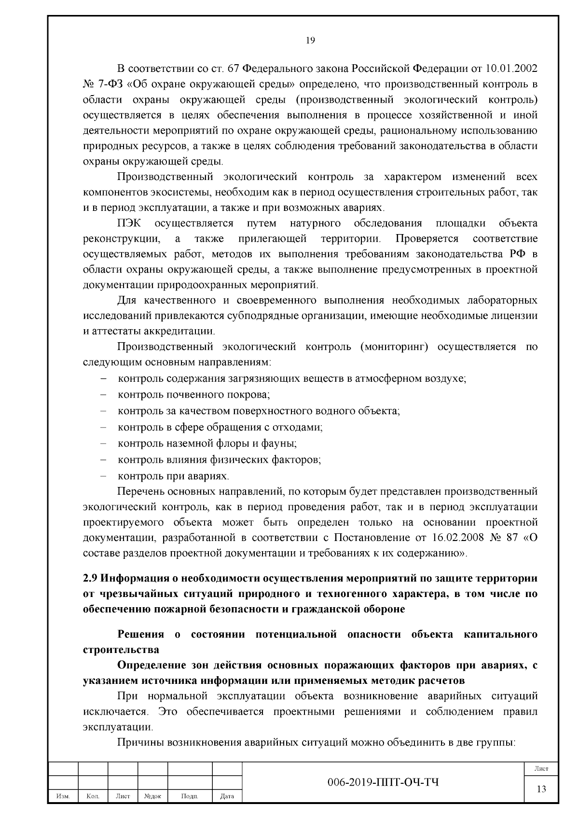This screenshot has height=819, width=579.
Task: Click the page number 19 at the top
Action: click(311, 41)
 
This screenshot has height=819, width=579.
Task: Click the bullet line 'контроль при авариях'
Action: click(173, 476)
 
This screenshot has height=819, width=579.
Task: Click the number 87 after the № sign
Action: click(511, 538)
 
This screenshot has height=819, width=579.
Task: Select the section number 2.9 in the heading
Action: click(91, 578)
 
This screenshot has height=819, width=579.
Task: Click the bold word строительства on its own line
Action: click(121, 649)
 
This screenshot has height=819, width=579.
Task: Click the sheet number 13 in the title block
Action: click(541, 789)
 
